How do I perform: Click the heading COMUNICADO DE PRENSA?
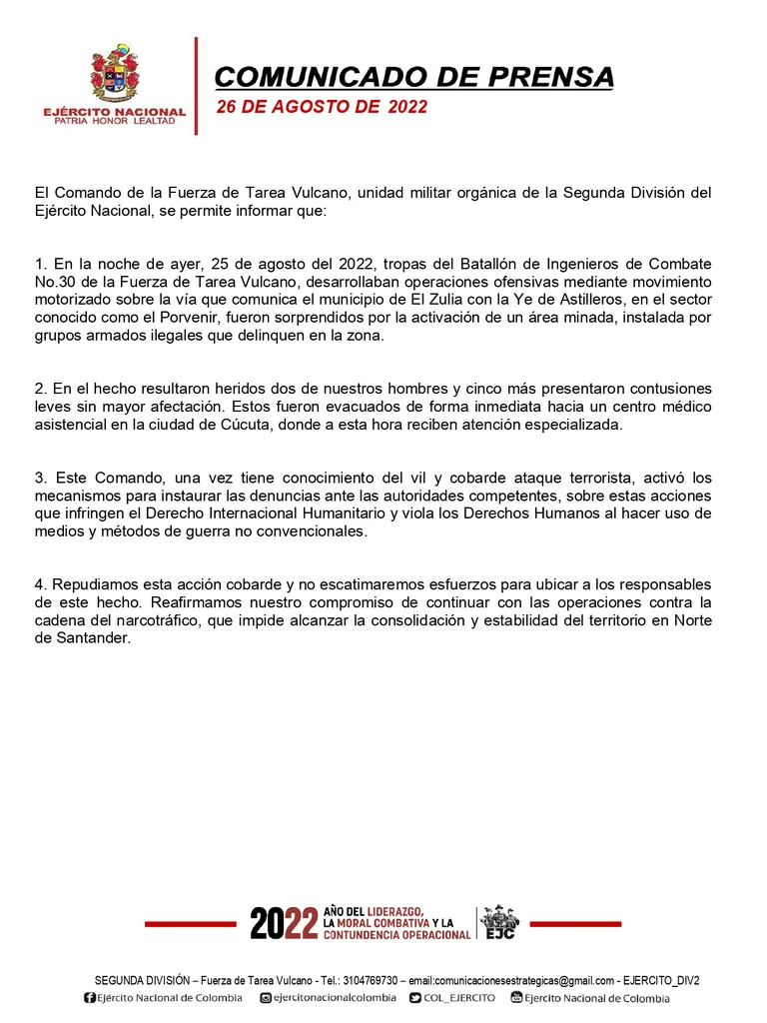[x=414, y=77]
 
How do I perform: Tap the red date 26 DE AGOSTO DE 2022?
[x=322, y=107]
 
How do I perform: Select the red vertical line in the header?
[x=196, y=86]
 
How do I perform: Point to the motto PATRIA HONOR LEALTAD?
[x=114, y=121]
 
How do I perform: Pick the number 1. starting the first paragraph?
[x=41, y=264]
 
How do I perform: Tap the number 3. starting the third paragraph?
[x=41, y=478]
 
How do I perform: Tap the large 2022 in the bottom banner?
[x=284, y=924]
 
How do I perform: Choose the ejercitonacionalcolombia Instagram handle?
[x=335, y=998]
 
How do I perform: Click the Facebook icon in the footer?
[x=90, y=998]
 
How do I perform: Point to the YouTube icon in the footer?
[x=516, y=998]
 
